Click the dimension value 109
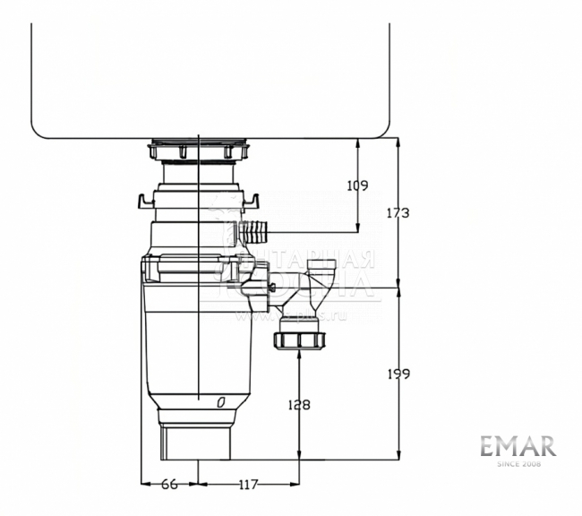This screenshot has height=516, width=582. (357, 185)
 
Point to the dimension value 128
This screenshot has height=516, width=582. (299, 405)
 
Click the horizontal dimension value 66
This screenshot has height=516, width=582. (168, 485)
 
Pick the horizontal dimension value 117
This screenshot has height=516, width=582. (248, 485)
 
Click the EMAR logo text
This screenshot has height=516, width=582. (517, 446)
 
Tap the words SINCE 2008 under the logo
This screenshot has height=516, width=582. (517, 463)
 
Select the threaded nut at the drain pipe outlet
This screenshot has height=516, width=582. (298, 340)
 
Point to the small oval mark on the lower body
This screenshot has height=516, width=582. (219, 404)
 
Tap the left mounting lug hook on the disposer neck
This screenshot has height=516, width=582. (142, 197)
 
